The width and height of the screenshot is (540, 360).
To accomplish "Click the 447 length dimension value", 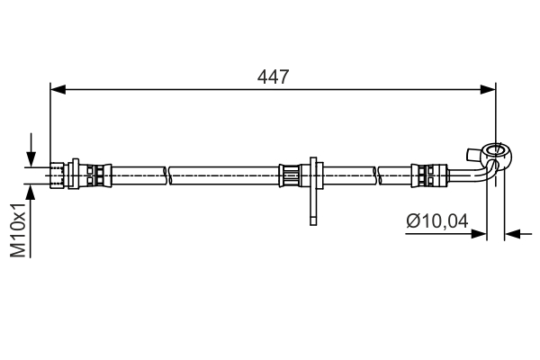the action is coord(273,76).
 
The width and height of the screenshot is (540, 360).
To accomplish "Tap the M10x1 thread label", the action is coord(18,230).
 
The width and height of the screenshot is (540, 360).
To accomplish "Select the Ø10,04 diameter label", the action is coord(437,220).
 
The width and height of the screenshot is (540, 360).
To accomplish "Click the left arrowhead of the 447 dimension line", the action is coord(58,90).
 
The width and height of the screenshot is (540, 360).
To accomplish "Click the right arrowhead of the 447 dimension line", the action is coord(488,90).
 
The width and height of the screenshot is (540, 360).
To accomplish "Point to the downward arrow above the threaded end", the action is coord(31,150).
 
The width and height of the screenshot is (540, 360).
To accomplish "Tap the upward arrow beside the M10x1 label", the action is coord(31,220).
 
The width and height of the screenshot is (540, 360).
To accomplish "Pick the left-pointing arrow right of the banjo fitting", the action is coord(518,234).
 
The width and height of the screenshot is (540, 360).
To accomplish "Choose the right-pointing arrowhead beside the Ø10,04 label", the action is coord(479,234).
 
